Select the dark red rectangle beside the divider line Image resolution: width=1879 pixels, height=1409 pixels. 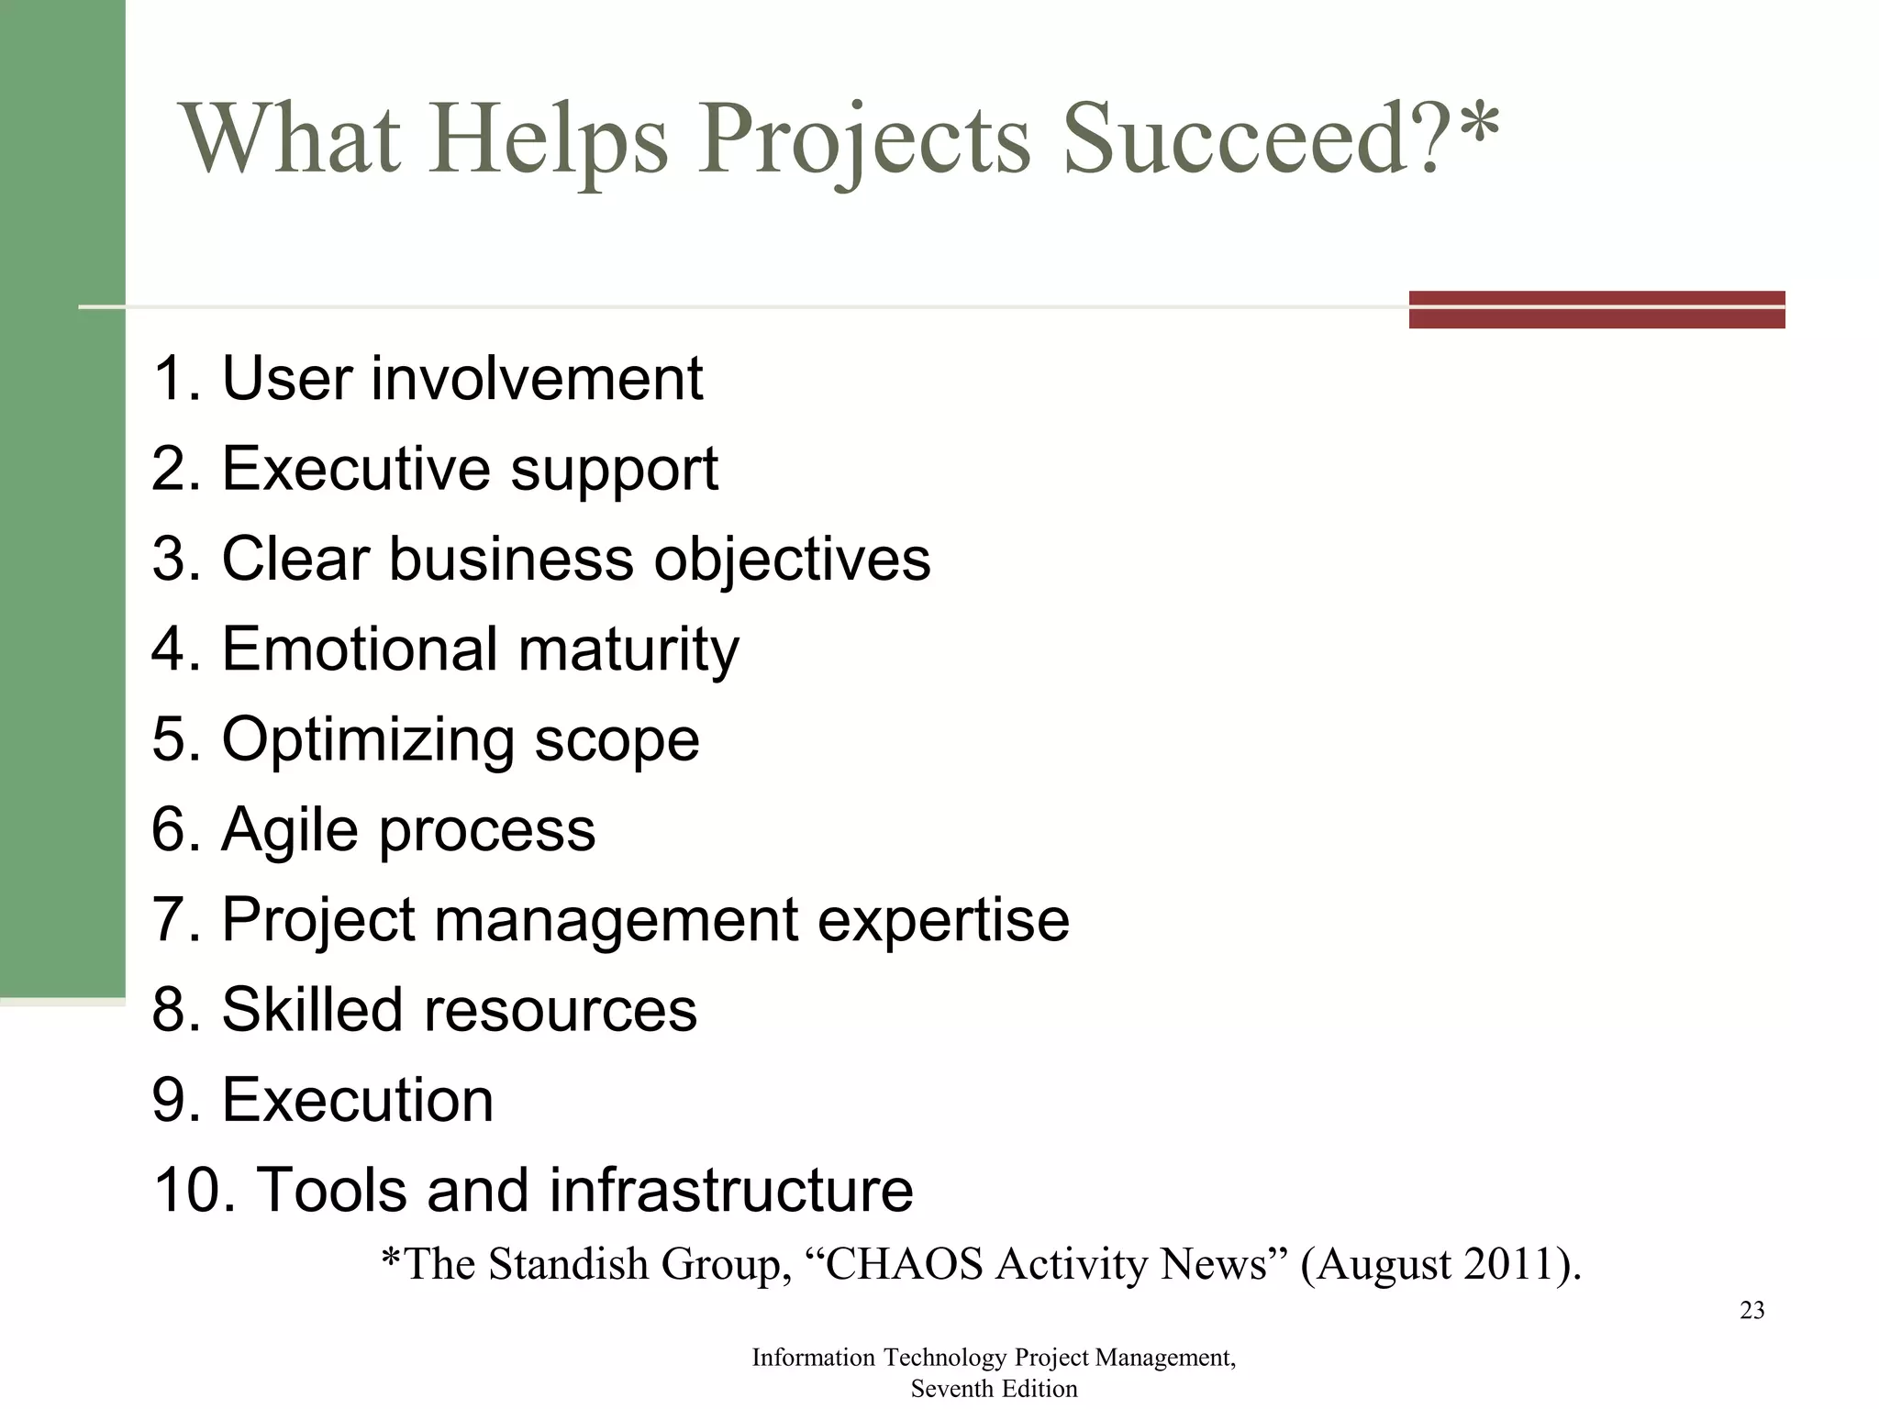pos(1596,309)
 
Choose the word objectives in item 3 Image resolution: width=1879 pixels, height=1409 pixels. pos(792,559)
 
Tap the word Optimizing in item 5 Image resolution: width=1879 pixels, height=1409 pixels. pos(368,740)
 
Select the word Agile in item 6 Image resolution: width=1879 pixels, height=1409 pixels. pos(290,830)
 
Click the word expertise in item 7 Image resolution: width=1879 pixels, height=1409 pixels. pos(943,919)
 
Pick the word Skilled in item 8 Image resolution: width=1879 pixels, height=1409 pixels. pos(312,1009)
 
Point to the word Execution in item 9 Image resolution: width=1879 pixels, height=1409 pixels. pos(358,1099)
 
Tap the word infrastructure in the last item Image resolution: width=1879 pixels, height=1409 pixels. pos(731,1190)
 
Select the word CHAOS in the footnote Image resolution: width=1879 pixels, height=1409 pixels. pos(905,1264)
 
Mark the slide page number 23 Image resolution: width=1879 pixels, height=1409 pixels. pos(1751,1311)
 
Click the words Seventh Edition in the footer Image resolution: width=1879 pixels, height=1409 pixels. pos(994,1389)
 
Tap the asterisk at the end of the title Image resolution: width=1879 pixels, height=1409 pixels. pos(1478,128)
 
